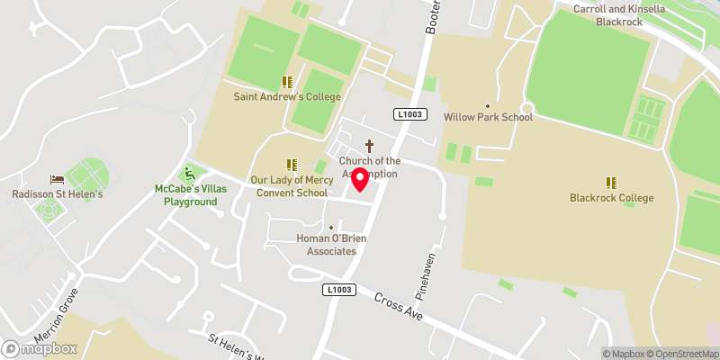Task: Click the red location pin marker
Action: [359, 179]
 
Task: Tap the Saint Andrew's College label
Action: [288, 96]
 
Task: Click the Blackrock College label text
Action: [611, 198]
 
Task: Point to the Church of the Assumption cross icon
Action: [369, 145]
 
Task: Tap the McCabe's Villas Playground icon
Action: [190, 173]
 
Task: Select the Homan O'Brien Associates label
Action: [331, 245]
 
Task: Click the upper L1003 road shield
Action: [409, 113]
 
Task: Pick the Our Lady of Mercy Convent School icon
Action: [292, 165]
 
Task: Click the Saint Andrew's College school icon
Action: [288, 82]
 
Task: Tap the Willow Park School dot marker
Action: [488, 105]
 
